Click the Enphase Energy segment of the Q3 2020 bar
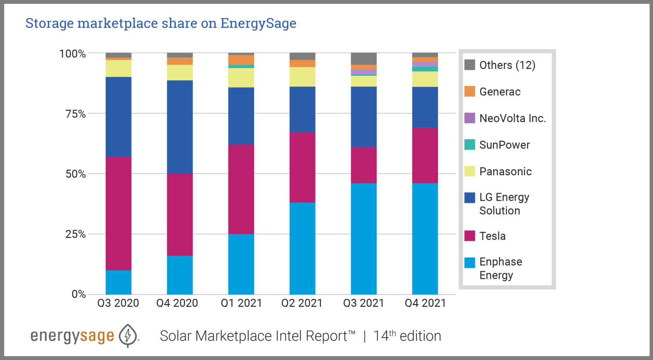(118, 282)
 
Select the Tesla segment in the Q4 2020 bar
(180, 214)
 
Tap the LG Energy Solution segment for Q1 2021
(241, 116)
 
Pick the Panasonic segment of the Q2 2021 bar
(302, 77)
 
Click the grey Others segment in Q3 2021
(364, 58)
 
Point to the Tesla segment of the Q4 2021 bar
(425, 155)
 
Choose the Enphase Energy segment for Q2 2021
(302, 248)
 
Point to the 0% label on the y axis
(79, 294)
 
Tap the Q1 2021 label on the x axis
(241, 303)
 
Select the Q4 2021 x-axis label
(425, 303)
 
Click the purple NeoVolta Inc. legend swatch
(470, 118)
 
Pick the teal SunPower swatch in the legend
(470, 144)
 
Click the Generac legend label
(500, 92)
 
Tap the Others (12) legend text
(507, 65)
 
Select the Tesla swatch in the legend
(470, 236)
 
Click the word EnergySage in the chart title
(258, 23)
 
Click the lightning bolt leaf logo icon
(128, 336)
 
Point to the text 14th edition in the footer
(407, 336)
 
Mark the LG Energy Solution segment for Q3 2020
(118, 117)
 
